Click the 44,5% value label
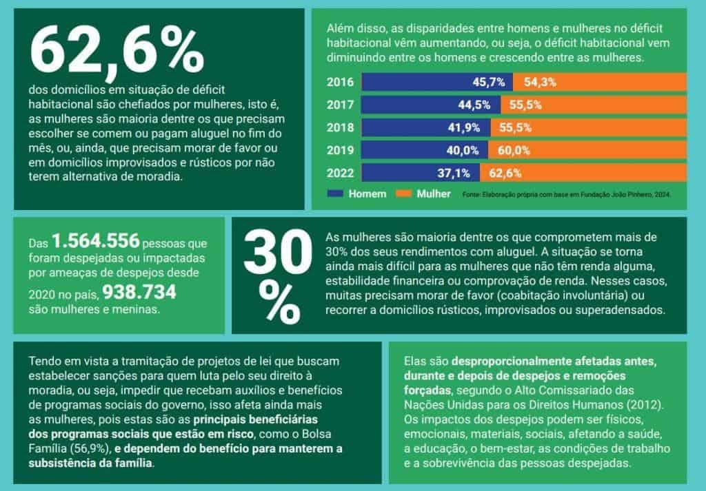(x=474, y=105)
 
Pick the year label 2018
(x=340, y=128)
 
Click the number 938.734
(x=139, y=293)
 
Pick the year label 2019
(x=340, y=150)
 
